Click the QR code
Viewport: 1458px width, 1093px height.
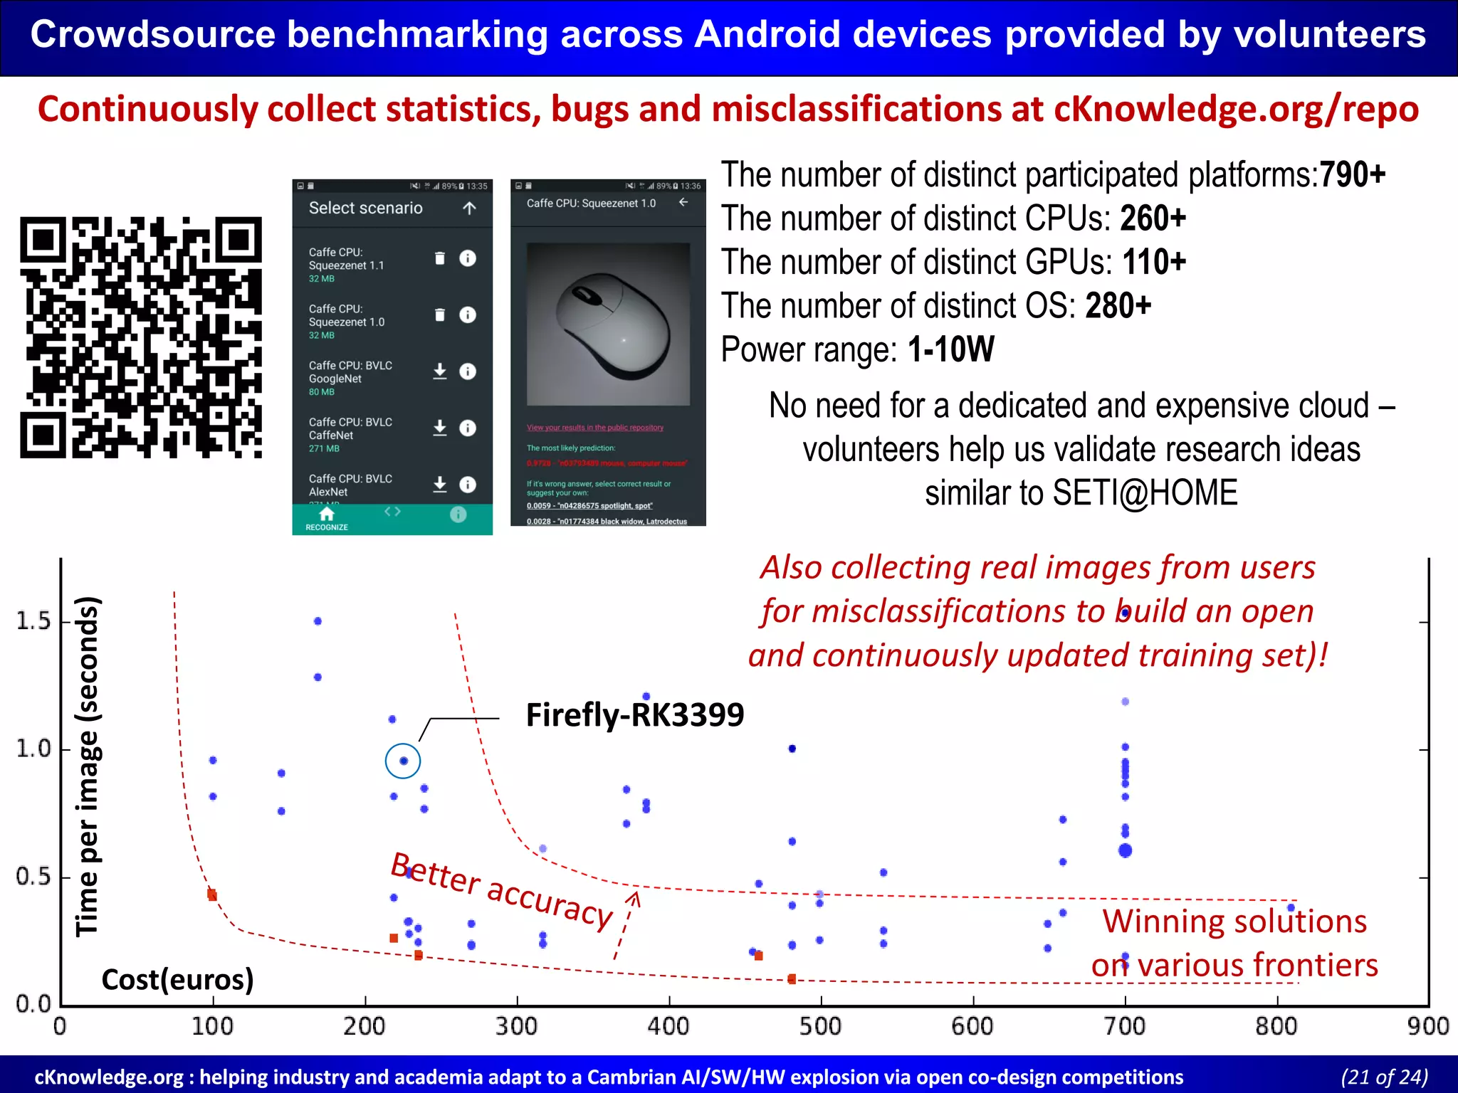pyautogui.click(x=141, y=337)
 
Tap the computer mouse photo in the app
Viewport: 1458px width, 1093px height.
pyautogui.click(x=609, y=324)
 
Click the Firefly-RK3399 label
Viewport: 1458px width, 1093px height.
pyautogui.click(x=634, y=715)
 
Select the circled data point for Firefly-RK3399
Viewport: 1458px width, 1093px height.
pyautogui.click(x=403, y=761)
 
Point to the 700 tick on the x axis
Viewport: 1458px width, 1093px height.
pyautogui.click(x=1125, y=1026)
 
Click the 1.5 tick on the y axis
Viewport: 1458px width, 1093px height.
pyautogui.click(x=34, y=621)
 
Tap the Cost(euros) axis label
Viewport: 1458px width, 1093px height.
pyautogui.click(x=177, y=980)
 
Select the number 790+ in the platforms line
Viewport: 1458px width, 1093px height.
pyautogui.click(x=1352, y=175)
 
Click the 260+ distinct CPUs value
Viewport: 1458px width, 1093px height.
pyautogui.click(x=1153, y=218)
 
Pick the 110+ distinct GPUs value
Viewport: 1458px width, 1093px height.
pyautogui.click(x=1154, y=262)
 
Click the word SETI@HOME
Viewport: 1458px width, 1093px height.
pyautogui.click(x=1145, y=493)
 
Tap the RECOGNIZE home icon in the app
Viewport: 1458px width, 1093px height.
pyautogui.click(x=327, y=514)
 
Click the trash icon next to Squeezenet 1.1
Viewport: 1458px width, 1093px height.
pyautogui.click(x=440, y=258)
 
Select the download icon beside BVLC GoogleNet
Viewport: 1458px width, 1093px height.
pyautogui.click(x=440, y=371)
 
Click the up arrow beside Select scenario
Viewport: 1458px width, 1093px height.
pyautogui.click(x=469, y=208)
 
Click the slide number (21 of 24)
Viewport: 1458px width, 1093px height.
pyautogui.click(x=1384, y=1077)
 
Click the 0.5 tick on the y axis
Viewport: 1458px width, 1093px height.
pyautogui.click(x=34, y=877)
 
